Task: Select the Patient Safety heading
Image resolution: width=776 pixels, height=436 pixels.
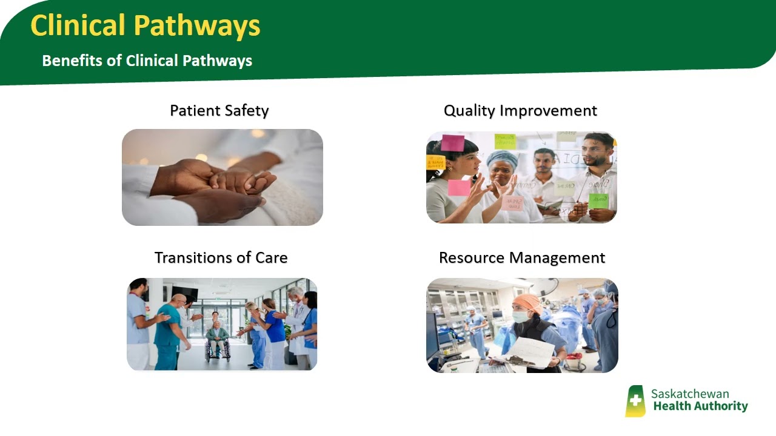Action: (219, 111)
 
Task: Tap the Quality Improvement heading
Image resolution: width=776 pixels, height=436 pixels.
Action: (520, 111)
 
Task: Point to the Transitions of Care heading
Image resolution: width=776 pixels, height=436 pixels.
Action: (221, 257)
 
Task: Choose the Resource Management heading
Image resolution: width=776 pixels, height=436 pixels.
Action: (522, 257)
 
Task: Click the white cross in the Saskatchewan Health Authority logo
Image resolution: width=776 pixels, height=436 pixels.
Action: (635, 400)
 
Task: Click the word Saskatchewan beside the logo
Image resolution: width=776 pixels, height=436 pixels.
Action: (690, 394)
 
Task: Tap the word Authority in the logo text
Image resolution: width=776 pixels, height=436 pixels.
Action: (723, 406)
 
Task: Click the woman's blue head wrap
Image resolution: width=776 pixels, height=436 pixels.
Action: (503, 159)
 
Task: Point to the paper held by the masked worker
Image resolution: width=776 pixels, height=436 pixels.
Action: (532, 351)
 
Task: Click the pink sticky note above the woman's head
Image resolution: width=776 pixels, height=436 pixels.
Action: (452, 143)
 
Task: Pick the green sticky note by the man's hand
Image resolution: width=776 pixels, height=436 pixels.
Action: (598, 200)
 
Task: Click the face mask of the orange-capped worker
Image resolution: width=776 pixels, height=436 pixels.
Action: (521, 316)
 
